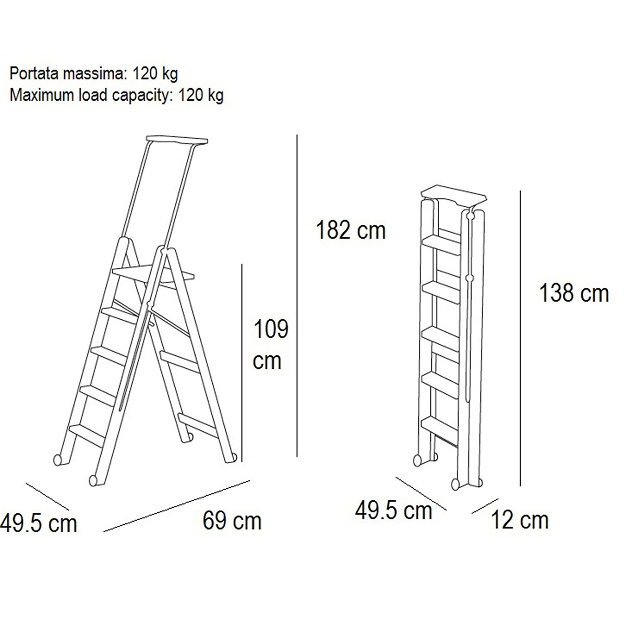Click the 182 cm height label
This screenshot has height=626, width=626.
pyautogui.click(x=351, y=231)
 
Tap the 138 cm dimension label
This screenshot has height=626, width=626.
pyautogui.click(x=574, y=293)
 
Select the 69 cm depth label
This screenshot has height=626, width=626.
pyautogui.click(x=232, y=521)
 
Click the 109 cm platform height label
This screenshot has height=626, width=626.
pyautogui.click(x=270, y=345)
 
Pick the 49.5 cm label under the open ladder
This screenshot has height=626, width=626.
pyautogui.click(x=38, y=523)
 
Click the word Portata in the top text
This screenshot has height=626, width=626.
pyautogui.click(x=34, y=74)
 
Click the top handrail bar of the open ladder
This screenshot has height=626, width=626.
pyautogui.click(x=177, y=140)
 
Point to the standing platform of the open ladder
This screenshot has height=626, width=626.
pyautogui.click(x=153, y=274)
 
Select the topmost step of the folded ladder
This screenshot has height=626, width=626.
pyautogui.click(x=442, y=245)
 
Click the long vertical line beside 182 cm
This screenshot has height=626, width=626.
pyautogui.click(x=297, y=296)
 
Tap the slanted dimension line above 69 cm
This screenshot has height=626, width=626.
pyautogui.click(x=177, y=506)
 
